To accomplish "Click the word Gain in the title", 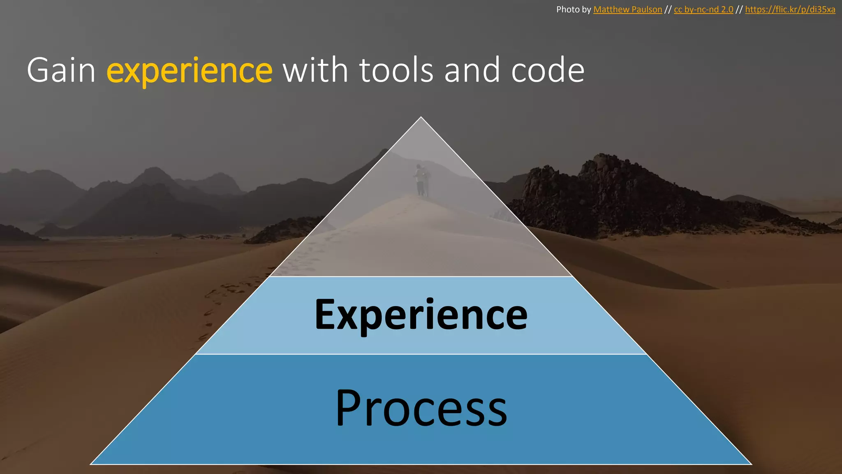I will pos(61,70).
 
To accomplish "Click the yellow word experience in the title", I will pos(189,70).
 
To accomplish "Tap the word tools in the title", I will pos(396,70).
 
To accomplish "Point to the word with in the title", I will pos(315,70).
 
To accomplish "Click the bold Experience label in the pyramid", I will pos(421,315).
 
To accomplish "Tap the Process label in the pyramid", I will pos(421,408).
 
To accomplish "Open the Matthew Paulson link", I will pos(627,9).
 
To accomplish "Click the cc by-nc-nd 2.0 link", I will pos(703,9).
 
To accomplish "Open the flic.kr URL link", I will pos(790,9).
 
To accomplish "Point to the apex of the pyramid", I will pos(421,118).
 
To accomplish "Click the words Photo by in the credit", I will pos(573,9).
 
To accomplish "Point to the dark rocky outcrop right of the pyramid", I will pos(617,193).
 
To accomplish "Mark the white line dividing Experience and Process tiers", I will pos(421,354).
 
